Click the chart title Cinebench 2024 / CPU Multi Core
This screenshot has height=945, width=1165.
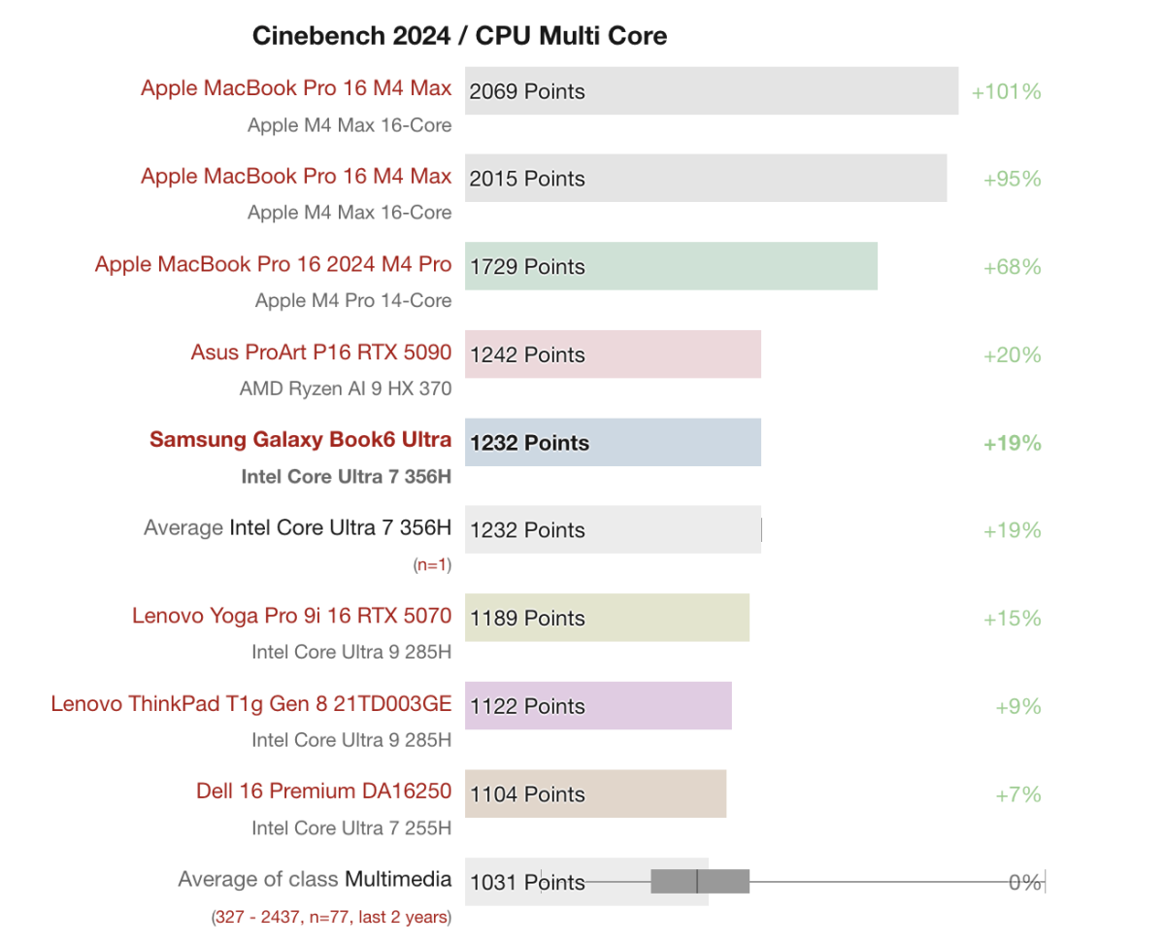click(x=459, y=36)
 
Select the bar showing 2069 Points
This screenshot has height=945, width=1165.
click(x=711, y=91)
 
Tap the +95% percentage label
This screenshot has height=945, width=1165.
click(x=1012, y=179)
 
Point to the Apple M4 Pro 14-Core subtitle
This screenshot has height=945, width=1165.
click(x=352, y=300)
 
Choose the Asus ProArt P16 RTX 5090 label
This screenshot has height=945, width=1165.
click(x=320, y=352)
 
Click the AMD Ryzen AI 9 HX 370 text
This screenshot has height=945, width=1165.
click(x=345, y=388)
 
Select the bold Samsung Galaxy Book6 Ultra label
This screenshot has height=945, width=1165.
click(x=300, y=439)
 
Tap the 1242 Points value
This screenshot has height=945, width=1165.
click(x=527, y=354)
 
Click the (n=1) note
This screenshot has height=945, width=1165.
click(x=432, y=564)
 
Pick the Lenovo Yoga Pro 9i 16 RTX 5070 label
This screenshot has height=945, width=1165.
click(x=291, y=616)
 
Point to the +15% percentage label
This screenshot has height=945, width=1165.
click(x=1012, y=618)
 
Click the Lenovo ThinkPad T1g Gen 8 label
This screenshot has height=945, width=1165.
click(x=250, y=703)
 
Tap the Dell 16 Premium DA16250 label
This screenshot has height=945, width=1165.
click(x=323, y=791)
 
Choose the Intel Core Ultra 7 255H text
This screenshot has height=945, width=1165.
click(x=350, y=827)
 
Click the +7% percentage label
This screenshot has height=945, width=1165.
click(x=1017, y=794)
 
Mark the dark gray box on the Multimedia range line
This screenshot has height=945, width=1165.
click(x=699, y=881)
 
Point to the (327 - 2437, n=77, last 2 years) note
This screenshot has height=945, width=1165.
click(x=330, y=916)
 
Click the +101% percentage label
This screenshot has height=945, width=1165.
click(x=1006, y=91)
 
